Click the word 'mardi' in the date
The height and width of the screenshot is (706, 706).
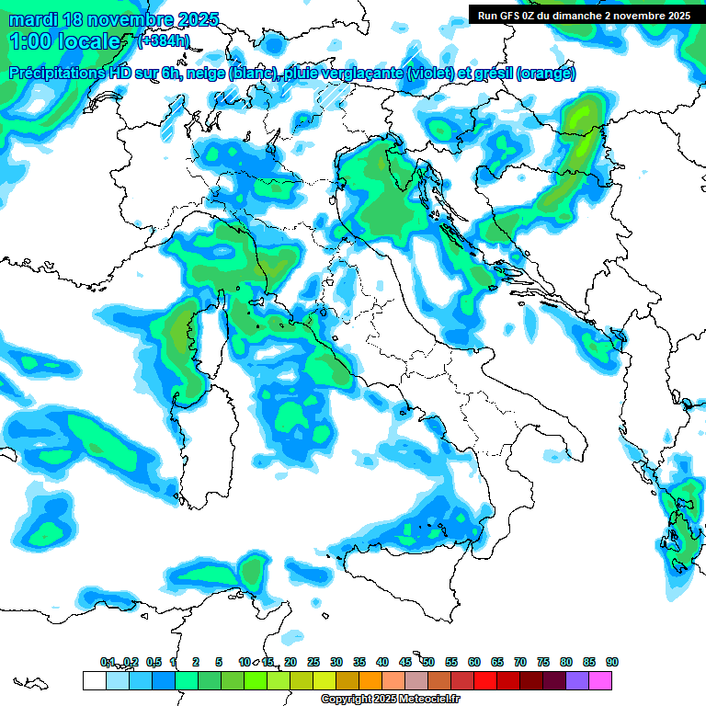(32, 19)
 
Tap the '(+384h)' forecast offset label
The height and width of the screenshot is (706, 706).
(163, 41)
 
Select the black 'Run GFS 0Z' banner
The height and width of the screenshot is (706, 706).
(584, 15)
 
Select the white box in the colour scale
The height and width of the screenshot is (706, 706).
(94, 681)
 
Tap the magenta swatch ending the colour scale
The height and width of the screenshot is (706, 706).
(600, 681)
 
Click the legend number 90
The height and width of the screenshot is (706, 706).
(611, 662)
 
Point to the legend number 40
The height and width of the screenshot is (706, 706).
(381, 662)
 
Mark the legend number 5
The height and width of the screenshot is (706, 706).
(219, 662)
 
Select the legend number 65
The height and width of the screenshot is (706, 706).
(496, 662)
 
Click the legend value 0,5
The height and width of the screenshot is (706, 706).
(154, 662)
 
